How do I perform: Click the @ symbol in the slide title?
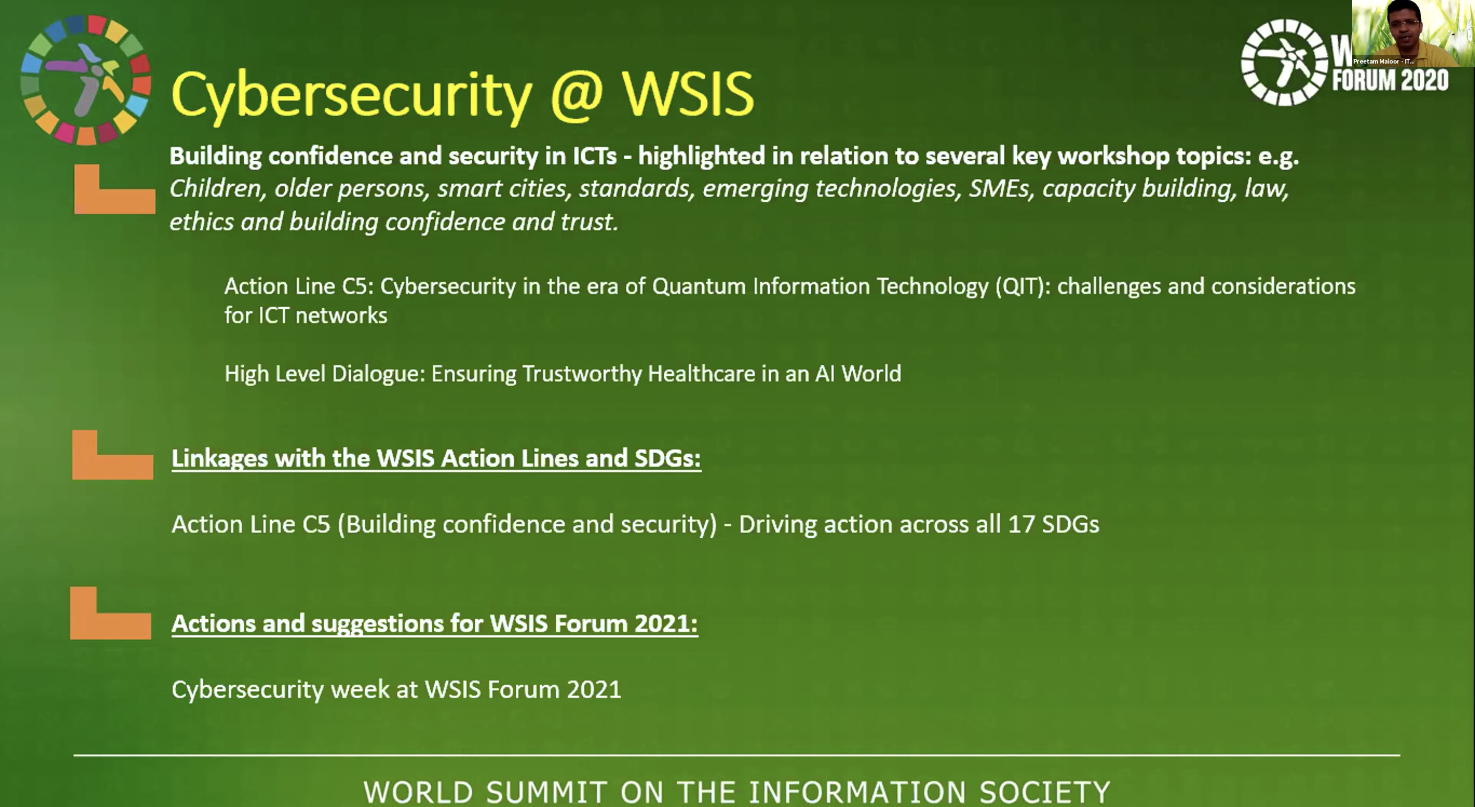tap(577, 93)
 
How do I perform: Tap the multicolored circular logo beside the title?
tap(86, 79)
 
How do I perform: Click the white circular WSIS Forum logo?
tap(1284, 62)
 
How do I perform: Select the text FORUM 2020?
tap(1390, 80)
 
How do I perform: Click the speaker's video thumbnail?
tap(1413, 33)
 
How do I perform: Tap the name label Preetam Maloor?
tap(1383, 61)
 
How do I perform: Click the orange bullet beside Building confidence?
tap(115, 189)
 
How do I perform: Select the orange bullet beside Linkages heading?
tap(113, 455)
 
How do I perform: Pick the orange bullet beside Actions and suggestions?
tap(111, 613)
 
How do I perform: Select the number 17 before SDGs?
tap(1021, 524)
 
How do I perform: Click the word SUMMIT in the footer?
tap(546, 792)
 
